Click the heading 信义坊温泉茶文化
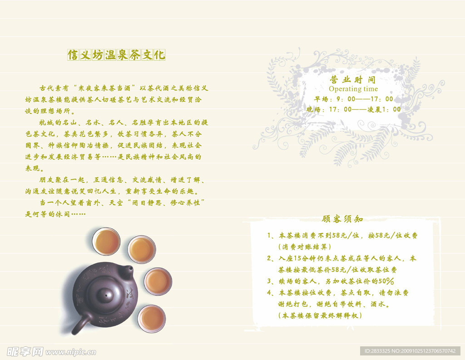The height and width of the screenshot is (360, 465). click(x=116, y=55)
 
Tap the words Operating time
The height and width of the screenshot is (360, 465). click(x=353, y=89)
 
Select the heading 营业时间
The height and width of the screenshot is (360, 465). click(x=353, y=80)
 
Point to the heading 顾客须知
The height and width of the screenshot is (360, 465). click(x=342, y=219)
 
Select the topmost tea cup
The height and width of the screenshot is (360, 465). click(x=106, y=241)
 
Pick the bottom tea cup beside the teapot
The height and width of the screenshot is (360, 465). click(x=151, y=318)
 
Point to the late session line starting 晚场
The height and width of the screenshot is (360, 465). click(x=353, y=109)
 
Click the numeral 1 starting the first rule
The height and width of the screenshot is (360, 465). click(x=270, y=235)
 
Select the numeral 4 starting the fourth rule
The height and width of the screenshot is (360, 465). click(x=270, y=293)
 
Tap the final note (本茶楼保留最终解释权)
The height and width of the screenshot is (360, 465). click(x=320, y=315)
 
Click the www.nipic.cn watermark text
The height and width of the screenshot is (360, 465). click(x=71, y=352)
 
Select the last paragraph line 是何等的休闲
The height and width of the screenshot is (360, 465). click(x=55, y=214)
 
